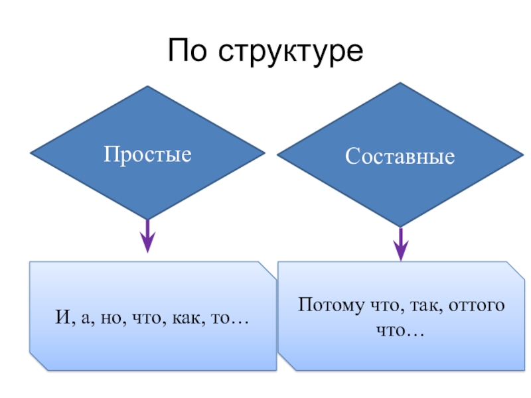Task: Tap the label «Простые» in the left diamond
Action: click(147, 155)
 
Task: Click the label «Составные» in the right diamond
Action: click(400, 157)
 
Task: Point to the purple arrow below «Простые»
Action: click(147, 235)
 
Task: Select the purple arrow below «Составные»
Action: click(400, 243)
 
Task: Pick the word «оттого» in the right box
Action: click(477, 306)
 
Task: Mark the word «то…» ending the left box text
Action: click(230, 319)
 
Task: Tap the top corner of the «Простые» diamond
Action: click(147, 87)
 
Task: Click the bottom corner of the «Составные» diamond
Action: click(400, 226)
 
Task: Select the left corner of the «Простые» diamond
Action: click(31, 153)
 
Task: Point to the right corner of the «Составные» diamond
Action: click(523, 155)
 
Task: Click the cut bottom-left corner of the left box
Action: click(37, 362)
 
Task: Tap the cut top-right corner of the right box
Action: click(515, 269)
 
